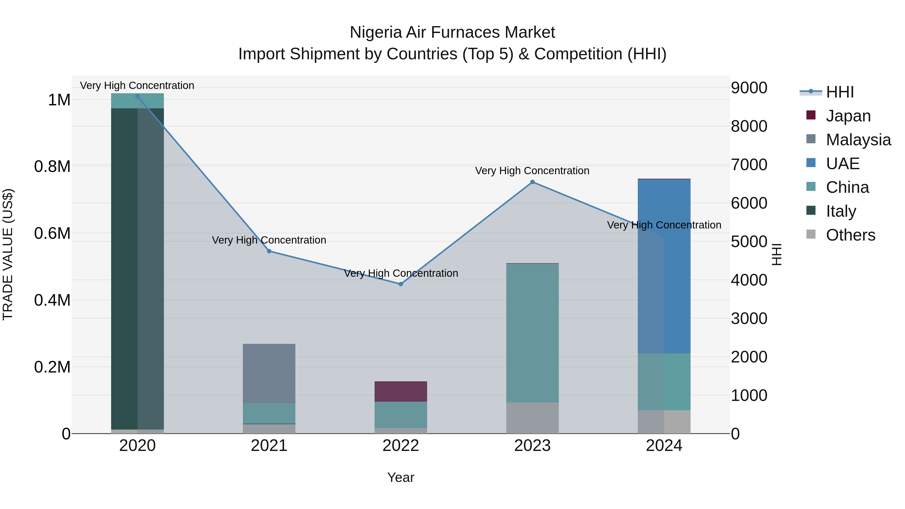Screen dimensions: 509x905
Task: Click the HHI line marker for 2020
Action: [x=137, y=96]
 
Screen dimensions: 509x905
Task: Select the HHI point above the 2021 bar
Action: [x=269, y=251]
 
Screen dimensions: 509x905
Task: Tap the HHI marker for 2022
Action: [x=401, y=284]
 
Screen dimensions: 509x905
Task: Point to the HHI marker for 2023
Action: [x=532, y=182]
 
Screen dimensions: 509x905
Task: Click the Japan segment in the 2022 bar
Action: [x=401, y=391]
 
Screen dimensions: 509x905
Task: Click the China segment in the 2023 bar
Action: [x=532, y=333]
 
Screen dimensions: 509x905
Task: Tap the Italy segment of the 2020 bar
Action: [x=137, y=269]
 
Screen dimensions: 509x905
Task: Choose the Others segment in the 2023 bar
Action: [x=532, y=418]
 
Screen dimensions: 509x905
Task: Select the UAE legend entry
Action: [x=842, y=164]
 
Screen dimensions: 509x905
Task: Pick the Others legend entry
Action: [x=850, y=235]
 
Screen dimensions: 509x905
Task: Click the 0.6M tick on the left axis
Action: [x=52, y=233]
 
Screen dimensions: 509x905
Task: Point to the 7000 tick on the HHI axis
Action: [x=749, y=165]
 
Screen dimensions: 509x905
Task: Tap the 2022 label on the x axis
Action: [x=401, y=446]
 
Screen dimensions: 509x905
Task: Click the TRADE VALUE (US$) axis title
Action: [x=8, y=254]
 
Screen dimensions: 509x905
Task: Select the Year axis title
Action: [x=401, y=477]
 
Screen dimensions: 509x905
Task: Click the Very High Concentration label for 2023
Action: [x=532, y=171]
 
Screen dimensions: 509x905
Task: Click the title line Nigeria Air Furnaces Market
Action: [x=452, y=32]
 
